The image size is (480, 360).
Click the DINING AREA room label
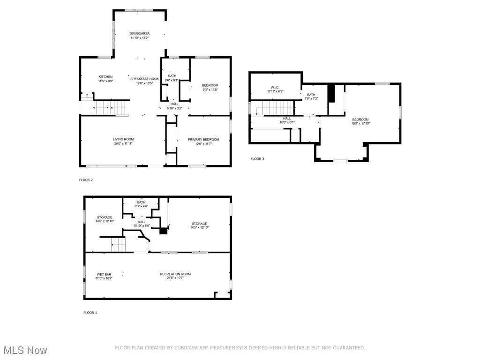pyautogui.click(x=139, y=34)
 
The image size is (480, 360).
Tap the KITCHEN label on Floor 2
pyautogui.click(x=105, y=77)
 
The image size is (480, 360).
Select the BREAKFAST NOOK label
pyautogui.click(x=144, y=79)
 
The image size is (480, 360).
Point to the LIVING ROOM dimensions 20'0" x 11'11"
pyautogui.click(x=123, y=143)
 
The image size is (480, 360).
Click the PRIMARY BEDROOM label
pyautogui.click(x=203, y=139)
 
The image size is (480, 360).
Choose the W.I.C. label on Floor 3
pyautogui.click(x=275, y=87)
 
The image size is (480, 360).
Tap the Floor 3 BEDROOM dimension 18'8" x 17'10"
pyautogui.click(x=360, y=124)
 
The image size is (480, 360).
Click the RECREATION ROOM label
pyautogui.click(x=175, y=274)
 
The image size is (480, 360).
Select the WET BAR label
pyautogui.click(x=104, y=274)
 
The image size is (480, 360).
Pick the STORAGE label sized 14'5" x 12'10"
pyautogui.click(x=199, y=224)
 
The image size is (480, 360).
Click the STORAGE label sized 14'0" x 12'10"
pyautogui.click(x=105, y=217)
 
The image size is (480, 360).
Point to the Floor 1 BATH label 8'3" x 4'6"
pyautogui.click(x=141, y=202)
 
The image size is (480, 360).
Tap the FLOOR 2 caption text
pyautogui.click(x=86, y=180)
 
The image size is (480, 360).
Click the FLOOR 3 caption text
pyautogui.click(x=257, y=159)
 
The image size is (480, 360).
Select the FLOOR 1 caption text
pyautogui.click(x=90, y=313)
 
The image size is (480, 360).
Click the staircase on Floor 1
pyautogui.click(x=118, y=244)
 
